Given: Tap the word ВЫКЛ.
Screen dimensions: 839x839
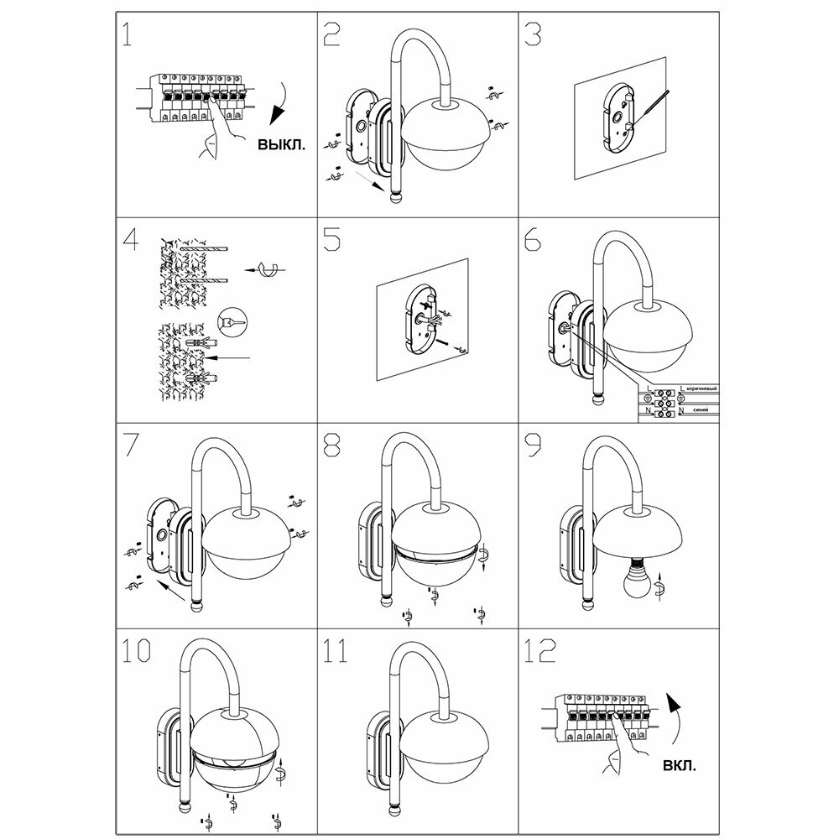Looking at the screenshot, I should click(282, 143).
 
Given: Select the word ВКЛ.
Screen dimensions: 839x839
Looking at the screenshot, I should click(679, 765).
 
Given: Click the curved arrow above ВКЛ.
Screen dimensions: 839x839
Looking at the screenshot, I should click(678, 718).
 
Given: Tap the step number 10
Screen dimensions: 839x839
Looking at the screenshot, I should click(137, 651).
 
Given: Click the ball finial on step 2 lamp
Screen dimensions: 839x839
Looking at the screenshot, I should click(394, 198).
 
